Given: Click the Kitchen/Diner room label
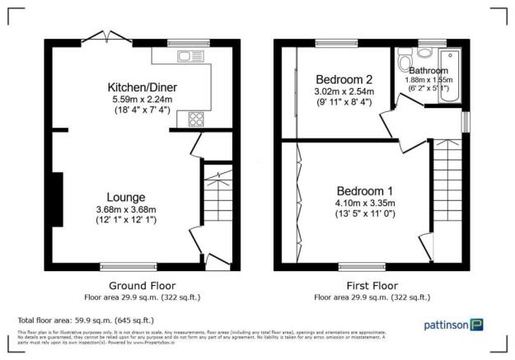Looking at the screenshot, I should click(143, 86).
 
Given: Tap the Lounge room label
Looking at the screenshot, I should click(126, 198).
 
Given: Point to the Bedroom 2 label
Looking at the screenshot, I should click(343, 79).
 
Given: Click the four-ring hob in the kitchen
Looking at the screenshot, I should click(197, 119).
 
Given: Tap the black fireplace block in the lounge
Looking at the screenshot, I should click(56, 199).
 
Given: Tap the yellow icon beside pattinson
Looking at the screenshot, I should click(476, 324).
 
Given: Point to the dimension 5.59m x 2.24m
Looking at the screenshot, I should click(142, 100).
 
